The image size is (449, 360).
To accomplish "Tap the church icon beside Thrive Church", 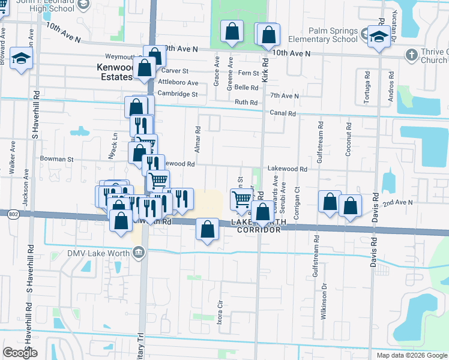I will click(411, 55).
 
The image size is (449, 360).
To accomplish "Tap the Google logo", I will click(20, 353).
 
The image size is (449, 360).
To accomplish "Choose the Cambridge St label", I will click(177, 94).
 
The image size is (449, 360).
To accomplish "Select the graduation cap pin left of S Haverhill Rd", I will click(22, 60).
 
